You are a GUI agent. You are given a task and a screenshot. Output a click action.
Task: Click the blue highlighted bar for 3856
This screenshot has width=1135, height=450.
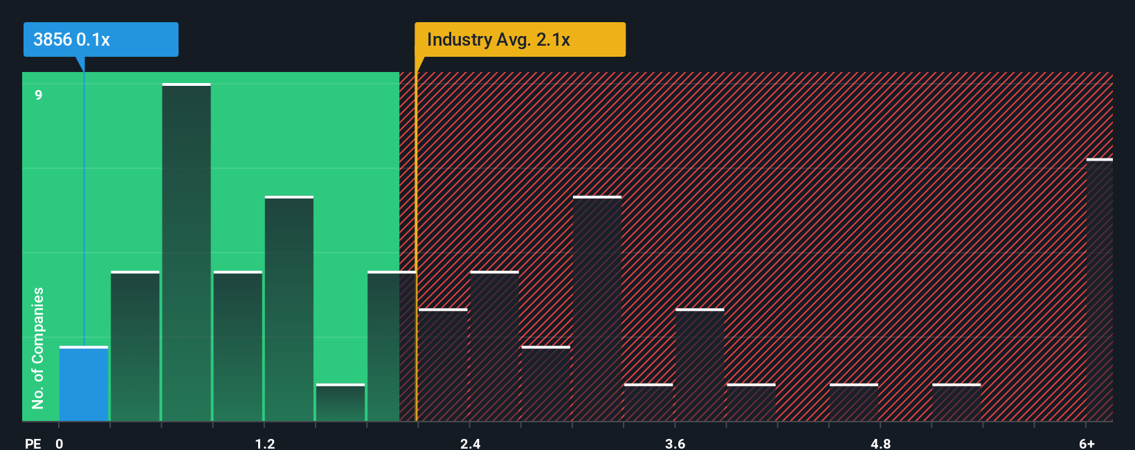[84, 384]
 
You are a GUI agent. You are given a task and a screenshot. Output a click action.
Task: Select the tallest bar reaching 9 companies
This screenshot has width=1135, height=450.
[186, 253]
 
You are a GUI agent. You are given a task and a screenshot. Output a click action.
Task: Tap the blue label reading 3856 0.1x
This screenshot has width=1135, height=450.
[101, 39]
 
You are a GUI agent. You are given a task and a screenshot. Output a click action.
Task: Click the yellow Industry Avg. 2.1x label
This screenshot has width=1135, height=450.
[520, 39]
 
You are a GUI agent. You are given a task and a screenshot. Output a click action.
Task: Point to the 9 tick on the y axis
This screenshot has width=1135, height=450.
[39, 95]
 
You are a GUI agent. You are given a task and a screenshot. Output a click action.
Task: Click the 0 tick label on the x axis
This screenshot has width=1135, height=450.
[60, 443]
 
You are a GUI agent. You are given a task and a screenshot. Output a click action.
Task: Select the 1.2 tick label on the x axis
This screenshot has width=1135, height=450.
[264, 443]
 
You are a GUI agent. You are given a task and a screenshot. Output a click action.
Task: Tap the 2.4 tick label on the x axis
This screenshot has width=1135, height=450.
[470, 443]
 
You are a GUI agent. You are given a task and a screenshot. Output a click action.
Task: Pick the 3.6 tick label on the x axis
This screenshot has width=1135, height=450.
[675, 443]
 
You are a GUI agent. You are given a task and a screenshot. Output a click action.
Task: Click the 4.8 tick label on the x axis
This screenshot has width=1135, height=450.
[880, 443]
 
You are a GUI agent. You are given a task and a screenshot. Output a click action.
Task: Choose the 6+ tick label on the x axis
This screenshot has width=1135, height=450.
[1087, 443]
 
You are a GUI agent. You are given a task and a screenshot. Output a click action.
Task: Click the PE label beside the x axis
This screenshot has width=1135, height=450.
[33, 443]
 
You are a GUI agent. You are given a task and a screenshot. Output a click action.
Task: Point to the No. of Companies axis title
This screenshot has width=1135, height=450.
[38, 348]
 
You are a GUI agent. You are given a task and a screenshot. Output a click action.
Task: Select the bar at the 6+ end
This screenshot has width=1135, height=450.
[1099, 291]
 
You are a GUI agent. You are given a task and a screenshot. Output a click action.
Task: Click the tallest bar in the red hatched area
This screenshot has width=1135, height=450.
[597, 309]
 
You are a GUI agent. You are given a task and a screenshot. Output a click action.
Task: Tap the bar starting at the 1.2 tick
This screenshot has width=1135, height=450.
[289, 309]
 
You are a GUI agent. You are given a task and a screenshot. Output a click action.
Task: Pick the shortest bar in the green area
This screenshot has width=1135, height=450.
[340, 403]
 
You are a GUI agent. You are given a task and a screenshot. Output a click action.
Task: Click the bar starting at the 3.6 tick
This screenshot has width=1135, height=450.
[700, 366]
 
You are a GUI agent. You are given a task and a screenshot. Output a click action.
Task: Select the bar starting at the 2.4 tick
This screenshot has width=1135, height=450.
[494, 346]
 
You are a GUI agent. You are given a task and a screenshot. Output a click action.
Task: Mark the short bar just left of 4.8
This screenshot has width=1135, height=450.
[853, 403]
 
